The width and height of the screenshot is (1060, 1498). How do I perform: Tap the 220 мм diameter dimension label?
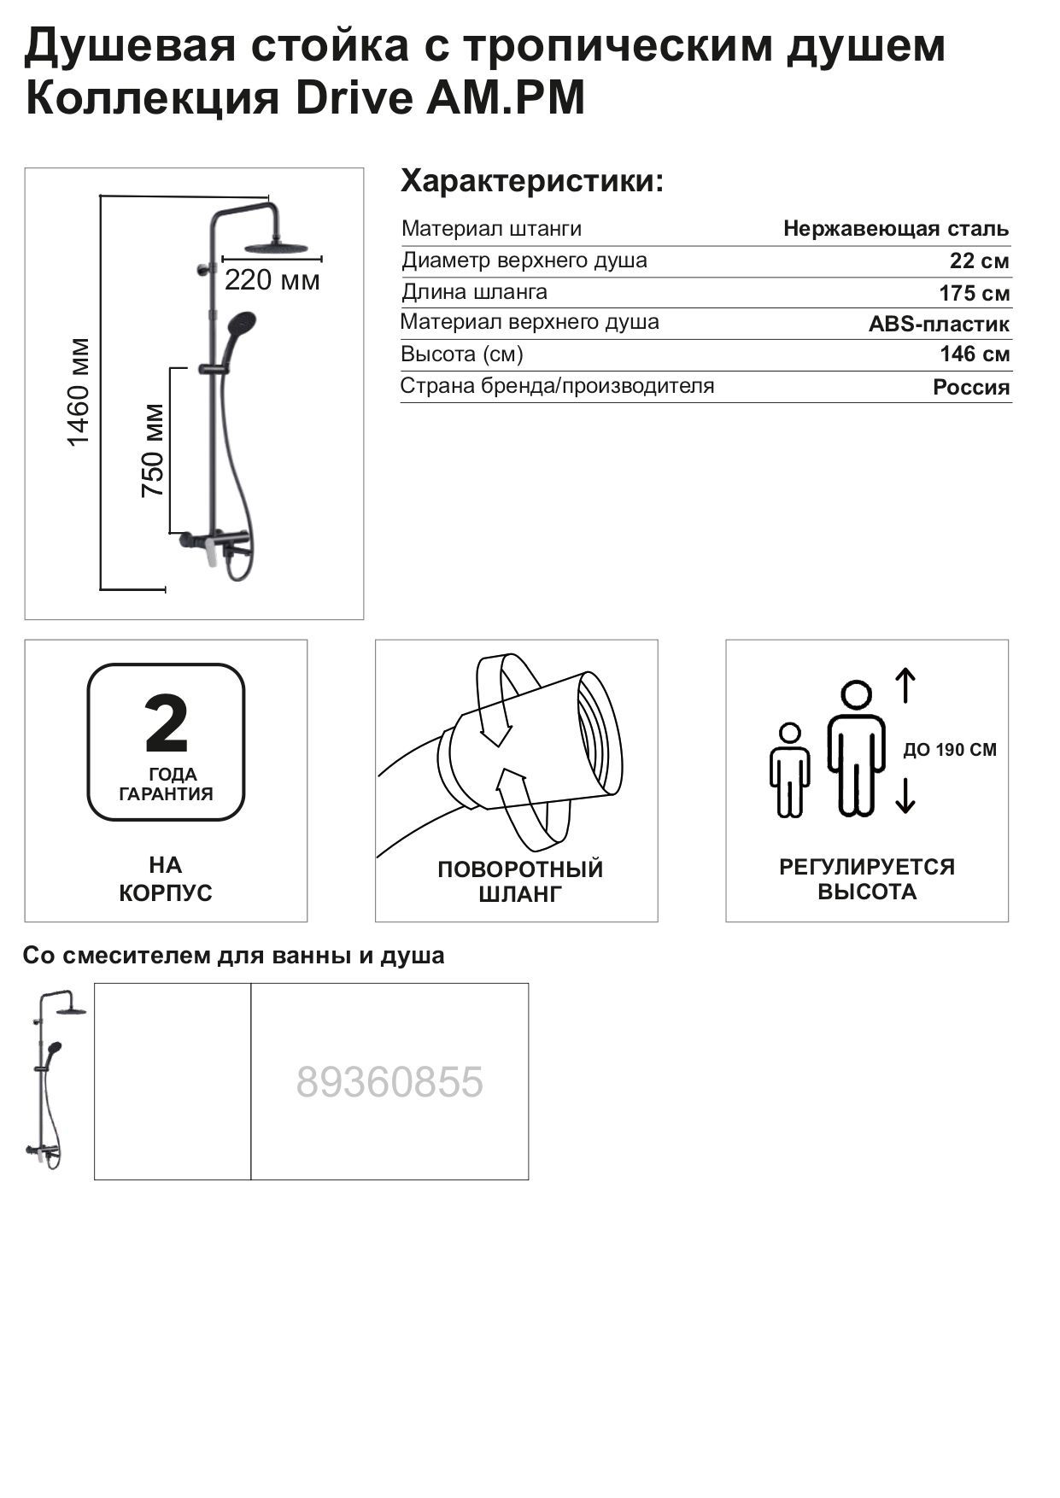[x=272, y=280]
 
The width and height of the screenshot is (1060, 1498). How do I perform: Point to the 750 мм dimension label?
[x=153, y=450]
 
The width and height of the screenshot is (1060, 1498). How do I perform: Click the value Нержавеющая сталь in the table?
[x=895, y=229]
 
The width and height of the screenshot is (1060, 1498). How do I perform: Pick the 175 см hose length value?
[x=974, y=293]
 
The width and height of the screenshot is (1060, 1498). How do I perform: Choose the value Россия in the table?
[x=970, y=388]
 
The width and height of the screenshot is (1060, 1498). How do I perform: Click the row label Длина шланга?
[x=474, y=292]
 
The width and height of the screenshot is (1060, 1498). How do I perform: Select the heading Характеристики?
[x=532, y=182]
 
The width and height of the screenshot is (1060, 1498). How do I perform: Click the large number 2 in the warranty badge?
[x=166, y=723]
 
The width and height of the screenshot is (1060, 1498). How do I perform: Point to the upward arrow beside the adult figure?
[x=905, y=686]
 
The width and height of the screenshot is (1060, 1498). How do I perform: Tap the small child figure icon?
[x=789, y=769]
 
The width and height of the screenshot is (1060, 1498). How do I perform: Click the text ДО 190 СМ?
[x=950, y=751]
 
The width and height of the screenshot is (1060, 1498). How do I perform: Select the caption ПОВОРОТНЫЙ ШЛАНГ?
[x=520, y=881]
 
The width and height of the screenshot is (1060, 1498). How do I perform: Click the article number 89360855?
[x=389, y=1083]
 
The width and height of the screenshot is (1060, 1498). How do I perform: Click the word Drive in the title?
[x=354, y=99]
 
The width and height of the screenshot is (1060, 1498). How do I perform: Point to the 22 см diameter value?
[x=979, y=261]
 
